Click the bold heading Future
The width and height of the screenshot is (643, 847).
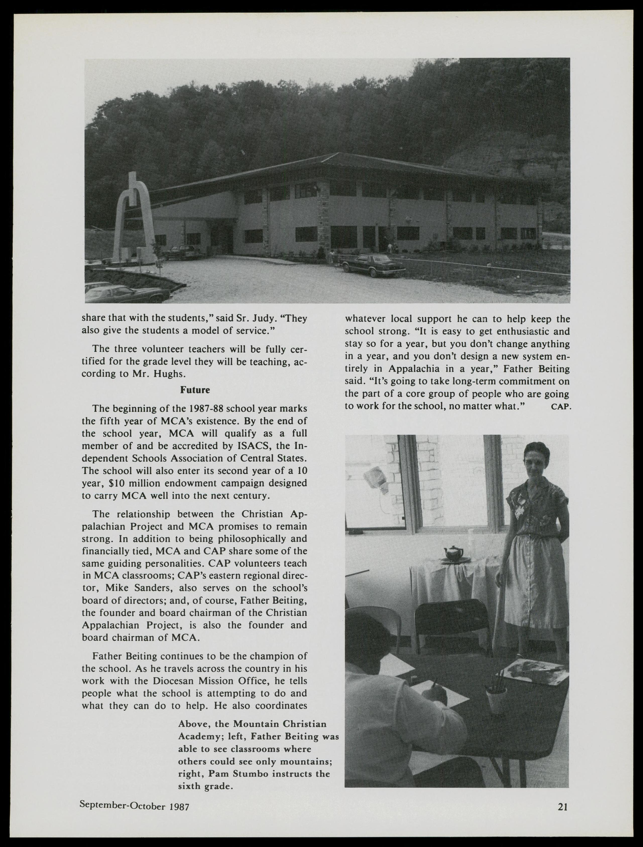point(195,390)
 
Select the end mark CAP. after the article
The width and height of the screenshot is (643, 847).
point(561,407)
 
